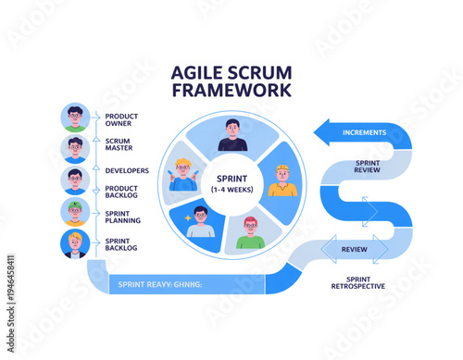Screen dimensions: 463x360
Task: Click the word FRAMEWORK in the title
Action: (x=231, y=90)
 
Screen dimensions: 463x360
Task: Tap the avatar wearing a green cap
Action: (x=75, y=212)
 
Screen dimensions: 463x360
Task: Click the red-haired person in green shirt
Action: (x=249, y=232)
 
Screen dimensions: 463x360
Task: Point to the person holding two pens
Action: (x=182, y=174)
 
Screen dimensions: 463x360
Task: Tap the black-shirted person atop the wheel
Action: (x=231, y=135)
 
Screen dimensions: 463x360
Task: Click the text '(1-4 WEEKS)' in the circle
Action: (x=231, y=190)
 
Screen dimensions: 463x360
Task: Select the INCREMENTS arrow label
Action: (x=364, y=132)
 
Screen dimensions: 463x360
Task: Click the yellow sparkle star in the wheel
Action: (x=188, y=217)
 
